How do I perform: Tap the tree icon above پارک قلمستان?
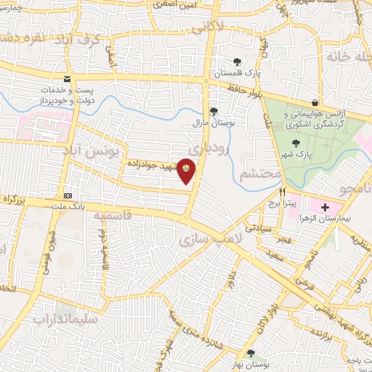click(236, 62)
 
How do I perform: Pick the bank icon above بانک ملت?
click(68, 195)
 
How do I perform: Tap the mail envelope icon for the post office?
click(67, 78)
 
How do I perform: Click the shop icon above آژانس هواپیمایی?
click(314, 103)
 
